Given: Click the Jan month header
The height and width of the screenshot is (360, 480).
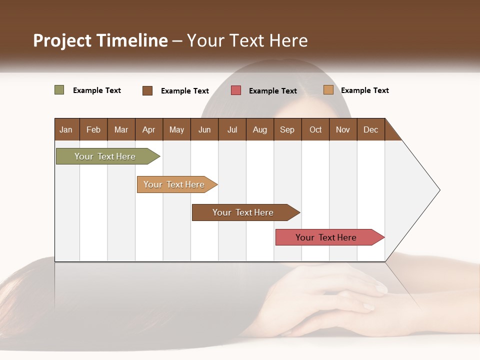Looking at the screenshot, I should tap(66, 129).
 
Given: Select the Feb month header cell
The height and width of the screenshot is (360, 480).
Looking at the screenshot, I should tap(93, 129).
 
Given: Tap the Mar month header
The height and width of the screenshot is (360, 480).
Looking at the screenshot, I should tap(121, 129).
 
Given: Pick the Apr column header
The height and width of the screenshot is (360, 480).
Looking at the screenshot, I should tap(149, 129).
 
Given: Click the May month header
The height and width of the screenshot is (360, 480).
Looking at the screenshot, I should tap(176, 129).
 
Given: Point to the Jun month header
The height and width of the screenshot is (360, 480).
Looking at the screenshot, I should tap(204, 129).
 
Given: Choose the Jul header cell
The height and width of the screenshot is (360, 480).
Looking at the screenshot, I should tap(232, 129).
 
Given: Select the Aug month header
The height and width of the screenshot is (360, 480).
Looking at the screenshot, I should tap(260, 129).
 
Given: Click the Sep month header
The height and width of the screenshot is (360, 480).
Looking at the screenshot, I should tap(287, 129).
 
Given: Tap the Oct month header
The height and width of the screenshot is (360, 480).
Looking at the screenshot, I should tap(315, 129).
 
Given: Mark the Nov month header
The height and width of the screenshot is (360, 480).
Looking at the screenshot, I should tap(343, 129).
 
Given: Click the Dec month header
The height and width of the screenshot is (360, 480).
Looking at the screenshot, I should tap(371, 129).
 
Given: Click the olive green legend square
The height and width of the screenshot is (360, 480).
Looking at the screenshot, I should tap(59, 90).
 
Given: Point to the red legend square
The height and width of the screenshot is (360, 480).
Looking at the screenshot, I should tap(236, 90).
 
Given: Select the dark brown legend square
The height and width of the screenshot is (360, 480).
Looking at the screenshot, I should tap(147, 90).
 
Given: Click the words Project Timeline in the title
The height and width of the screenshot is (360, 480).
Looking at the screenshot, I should tap(100, 40).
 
